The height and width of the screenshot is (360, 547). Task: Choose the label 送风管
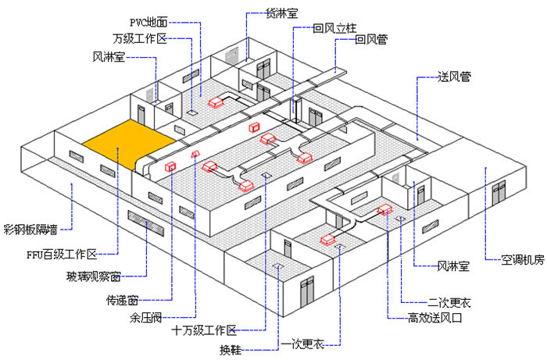point(453,77)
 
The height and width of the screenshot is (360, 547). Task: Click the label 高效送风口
point(432,317)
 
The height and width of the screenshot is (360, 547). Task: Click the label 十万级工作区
point(204,332)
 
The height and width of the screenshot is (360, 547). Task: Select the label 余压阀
point(145,318)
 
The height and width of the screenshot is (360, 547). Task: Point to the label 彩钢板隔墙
point(30,230)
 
